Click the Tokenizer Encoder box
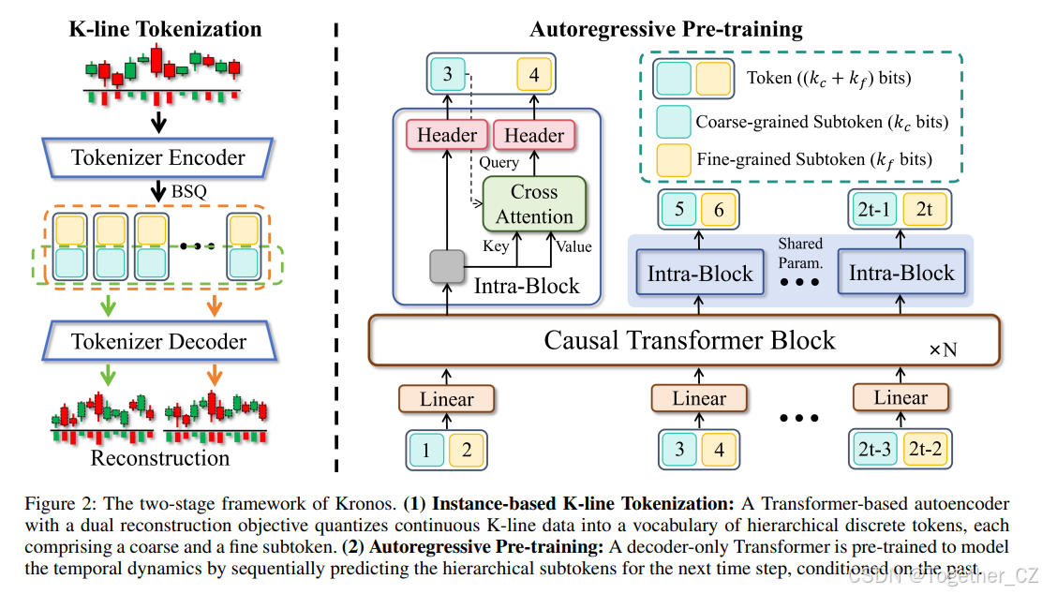coord(157,157)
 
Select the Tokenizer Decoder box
coord(157,341)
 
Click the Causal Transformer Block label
coord(689,339)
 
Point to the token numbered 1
coord(426,449)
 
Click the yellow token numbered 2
coord(467,449)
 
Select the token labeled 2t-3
coord(873,449)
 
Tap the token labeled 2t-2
coord(924,449)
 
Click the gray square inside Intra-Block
coord(447,268)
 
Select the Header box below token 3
coord(447,135)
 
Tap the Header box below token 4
coord(534,135)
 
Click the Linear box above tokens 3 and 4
coord(699,398)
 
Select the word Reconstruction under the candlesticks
coord(159,458)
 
